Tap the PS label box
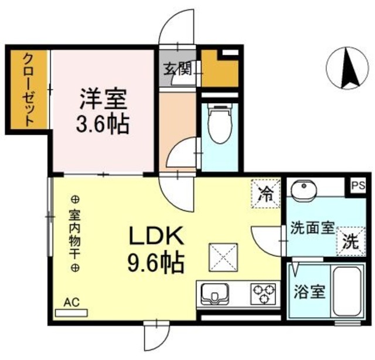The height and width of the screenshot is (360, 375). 358,186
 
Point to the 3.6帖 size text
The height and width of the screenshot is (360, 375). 104,124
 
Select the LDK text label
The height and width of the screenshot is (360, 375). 156,237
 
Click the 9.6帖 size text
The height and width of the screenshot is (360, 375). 156,261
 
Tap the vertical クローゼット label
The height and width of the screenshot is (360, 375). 28,89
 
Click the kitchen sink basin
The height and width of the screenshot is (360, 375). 217,293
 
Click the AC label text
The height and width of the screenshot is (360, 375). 71,303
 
